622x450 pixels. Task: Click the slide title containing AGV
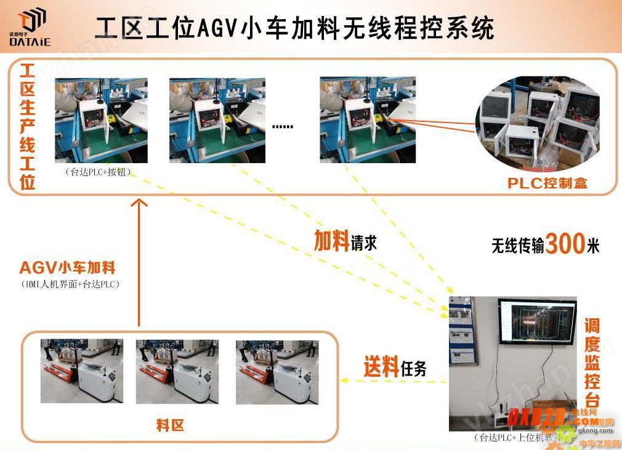(296, 28)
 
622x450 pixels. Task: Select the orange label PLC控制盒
(547, 183)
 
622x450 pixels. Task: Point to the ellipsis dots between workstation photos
(283, 126)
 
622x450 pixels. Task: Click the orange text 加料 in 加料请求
(332, 241)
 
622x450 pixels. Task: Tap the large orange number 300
(565, 244)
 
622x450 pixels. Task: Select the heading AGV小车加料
(67, 268)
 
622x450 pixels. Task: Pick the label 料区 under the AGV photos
(170, 425)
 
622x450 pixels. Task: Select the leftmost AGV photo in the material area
(81, 371)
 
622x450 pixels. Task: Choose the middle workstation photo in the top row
(217, 120)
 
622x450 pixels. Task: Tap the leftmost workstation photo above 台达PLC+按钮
(101, 120)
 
